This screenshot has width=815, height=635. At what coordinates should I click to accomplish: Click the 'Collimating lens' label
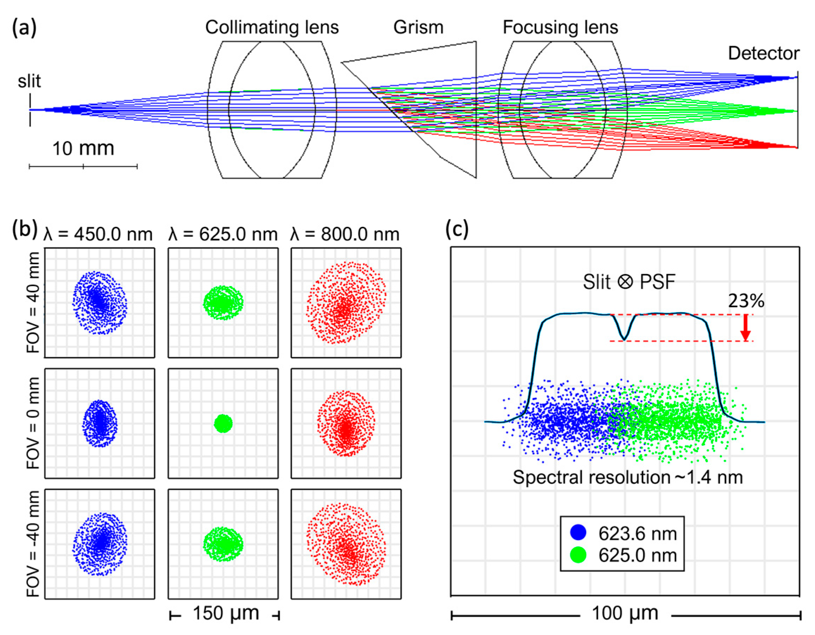point(272,27)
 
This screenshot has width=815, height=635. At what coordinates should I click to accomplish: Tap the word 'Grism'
point(418,27)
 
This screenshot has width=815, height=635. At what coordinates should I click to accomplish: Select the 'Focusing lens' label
point(560,27)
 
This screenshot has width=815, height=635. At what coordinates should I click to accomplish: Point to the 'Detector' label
point(764,53)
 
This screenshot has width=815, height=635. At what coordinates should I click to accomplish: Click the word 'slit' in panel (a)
point(29,81)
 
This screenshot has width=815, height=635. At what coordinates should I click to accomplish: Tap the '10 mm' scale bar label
point(83,148)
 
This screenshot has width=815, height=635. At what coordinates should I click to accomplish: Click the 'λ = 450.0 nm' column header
point(98,234)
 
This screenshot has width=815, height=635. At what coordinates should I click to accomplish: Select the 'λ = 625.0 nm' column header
point(223,234)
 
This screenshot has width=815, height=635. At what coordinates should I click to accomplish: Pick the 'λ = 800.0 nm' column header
point(345,234)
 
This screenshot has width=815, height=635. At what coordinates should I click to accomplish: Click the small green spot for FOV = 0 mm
point(223,424)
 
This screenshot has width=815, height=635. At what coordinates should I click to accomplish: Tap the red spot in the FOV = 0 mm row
point(346,424)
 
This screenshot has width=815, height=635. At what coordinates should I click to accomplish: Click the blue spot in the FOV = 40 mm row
point(99,303)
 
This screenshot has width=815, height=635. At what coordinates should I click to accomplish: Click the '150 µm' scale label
point(226,613)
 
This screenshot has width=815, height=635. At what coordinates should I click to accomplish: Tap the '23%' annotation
point(746,300)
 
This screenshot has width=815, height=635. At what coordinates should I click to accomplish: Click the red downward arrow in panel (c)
point(745,327)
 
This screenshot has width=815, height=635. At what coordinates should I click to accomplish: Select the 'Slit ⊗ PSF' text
point(629,282)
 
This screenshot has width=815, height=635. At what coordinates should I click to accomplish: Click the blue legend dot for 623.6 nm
point(578,532)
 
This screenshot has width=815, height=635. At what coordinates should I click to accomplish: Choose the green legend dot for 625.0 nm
point(578,555)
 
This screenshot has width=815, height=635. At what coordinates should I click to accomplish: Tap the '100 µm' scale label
point(625,613)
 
